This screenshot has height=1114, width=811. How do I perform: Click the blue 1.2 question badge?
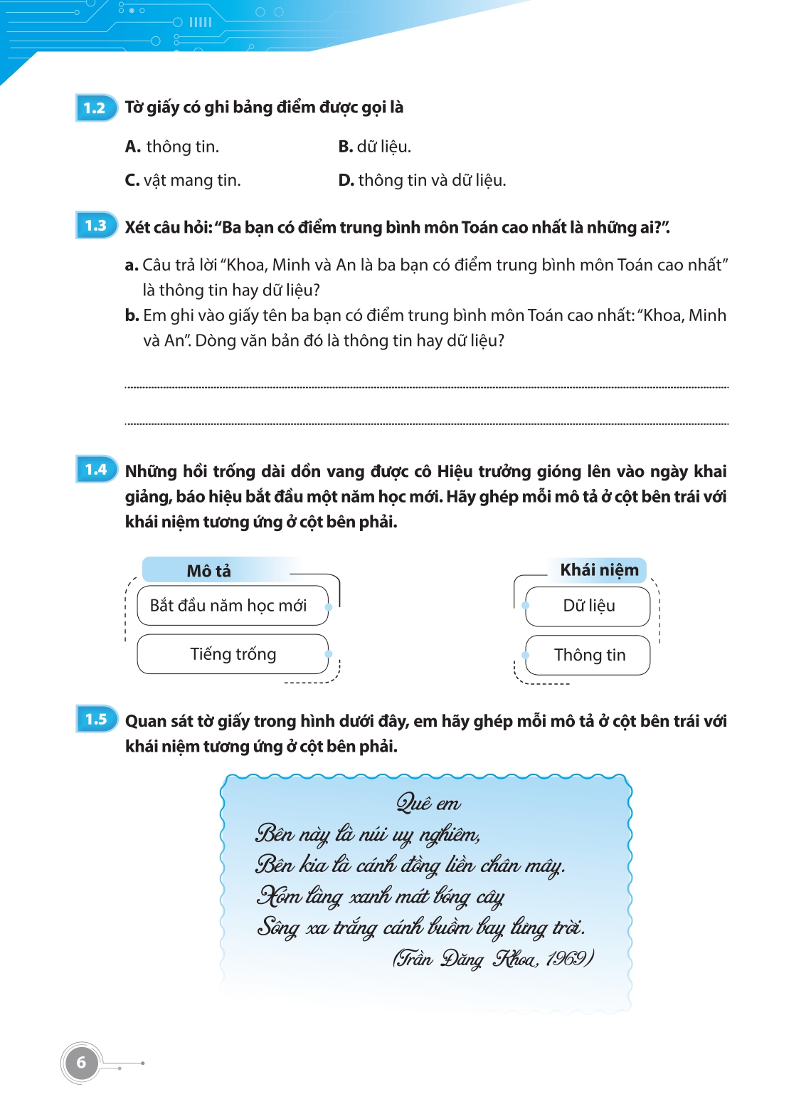(x=95, y=108)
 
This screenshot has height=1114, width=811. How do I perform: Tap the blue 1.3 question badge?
(x=95, y=226)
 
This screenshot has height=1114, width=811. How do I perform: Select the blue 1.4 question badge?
(x=95, y=470)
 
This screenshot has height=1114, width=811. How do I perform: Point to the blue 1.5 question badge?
(x=95, y=720)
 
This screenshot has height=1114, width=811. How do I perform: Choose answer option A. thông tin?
(x=172, y=147)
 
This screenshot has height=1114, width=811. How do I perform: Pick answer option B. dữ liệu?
(x=375, y=147)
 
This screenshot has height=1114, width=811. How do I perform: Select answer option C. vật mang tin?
(x=183, y=181)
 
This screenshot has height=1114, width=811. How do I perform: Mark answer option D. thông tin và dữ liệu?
(x=423, y=181)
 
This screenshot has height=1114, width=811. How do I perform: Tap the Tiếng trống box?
(x=232, y=654)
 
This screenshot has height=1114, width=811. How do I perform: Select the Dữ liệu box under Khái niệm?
(x=588, y=606)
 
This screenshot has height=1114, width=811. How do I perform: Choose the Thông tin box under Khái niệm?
(x=588, y=655)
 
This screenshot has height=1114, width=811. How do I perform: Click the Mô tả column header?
(x=209, y=571)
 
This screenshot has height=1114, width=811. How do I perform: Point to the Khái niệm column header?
(x=599, y=569)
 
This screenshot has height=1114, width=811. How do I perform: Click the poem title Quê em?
(x=428, y=804)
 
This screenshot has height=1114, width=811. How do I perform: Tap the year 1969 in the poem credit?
(x=566, y=959)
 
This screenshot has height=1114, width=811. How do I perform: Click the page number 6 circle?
(x=81, y=1063)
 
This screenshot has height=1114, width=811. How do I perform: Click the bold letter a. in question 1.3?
(x=132, y=266)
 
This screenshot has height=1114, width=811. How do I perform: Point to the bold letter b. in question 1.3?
(x=132, y=316)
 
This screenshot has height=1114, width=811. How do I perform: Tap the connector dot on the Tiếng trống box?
(x=328, y=654)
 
